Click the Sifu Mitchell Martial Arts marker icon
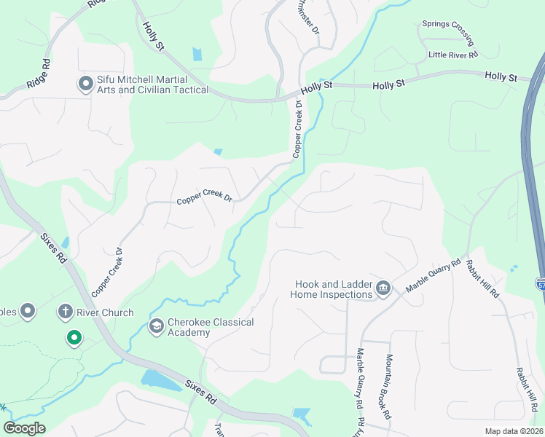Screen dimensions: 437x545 click(x=85, y=84)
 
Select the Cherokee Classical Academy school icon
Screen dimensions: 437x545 click(x=156, y=326)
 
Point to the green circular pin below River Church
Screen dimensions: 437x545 click(x=74, y=337)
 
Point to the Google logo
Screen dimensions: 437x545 click(x=25, y=428)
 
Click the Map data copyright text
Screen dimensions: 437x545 click(x=513, y=431)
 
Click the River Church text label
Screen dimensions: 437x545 click(x=106, y=312)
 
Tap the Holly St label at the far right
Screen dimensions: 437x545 click(x=501, y=76)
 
